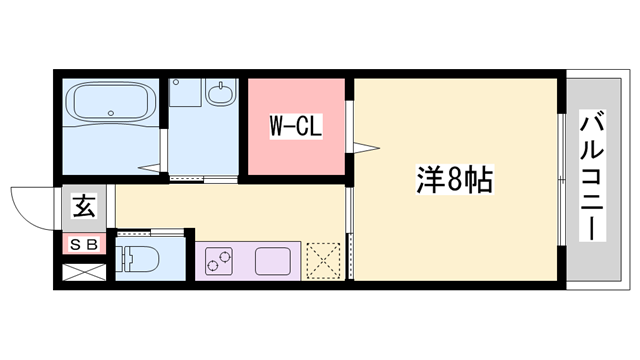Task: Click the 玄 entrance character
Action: (x=83, y=209)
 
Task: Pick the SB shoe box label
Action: (x=83, y=244)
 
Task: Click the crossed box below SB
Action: (x=83, y=271)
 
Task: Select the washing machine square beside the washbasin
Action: (x=184, y=92)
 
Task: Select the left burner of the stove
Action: (x=213, y=265)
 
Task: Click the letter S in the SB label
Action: (x=76, y=244)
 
